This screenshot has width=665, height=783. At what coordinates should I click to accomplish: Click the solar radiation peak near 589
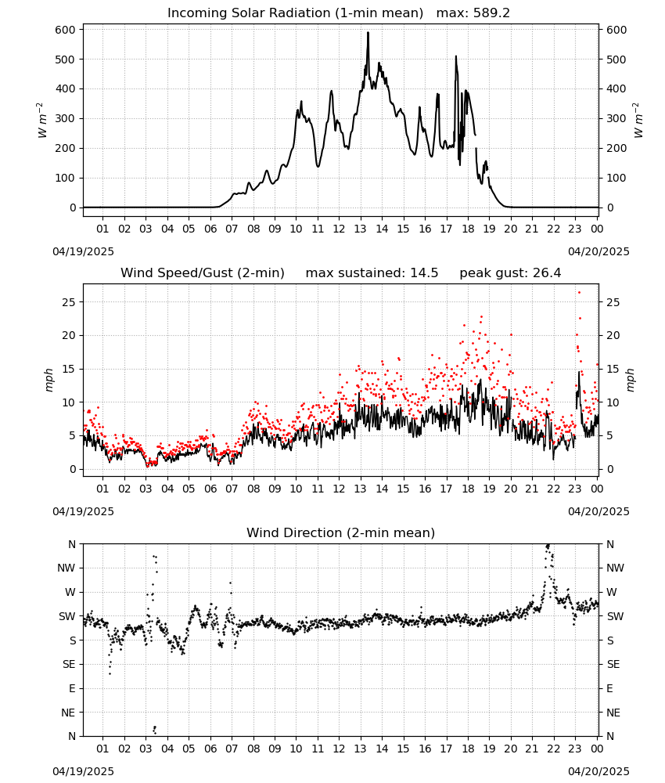tap(368, 33)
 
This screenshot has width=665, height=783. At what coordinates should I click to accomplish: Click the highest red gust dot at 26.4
tap(579, 293)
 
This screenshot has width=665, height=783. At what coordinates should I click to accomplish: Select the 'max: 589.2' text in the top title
tap(473, 13)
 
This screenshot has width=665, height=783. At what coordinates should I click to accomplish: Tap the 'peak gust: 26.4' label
tap(510, 272)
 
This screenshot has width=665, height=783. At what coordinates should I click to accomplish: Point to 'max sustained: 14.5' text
tap(372, 272)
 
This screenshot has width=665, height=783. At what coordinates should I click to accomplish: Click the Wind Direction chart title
tap(341, 532)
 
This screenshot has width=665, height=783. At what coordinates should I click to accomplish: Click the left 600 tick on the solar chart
tap(66, 30)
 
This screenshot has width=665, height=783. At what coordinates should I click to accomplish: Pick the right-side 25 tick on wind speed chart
tap(613, 302)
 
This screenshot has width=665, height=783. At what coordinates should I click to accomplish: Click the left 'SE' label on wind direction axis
tap(69, 664)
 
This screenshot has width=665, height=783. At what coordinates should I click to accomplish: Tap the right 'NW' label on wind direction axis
tap(615, 568)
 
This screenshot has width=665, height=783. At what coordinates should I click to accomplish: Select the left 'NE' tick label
tap(68, 713)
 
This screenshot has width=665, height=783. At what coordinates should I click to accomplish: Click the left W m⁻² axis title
tap(42, 120)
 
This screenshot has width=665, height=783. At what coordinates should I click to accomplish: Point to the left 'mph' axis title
tap(49, 380)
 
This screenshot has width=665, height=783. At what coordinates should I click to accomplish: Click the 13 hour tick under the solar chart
tap(360, 229)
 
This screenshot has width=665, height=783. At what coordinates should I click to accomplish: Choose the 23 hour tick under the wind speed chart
tap(575, 489)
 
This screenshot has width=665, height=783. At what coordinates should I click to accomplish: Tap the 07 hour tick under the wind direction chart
tap(232, 749)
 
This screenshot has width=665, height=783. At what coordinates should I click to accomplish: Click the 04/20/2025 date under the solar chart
tap(598, 251)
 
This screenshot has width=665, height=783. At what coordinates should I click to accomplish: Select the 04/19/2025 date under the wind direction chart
tap(83, 771)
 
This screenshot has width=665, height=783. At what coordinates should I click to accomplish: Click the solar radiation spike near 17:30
tap(456, 57)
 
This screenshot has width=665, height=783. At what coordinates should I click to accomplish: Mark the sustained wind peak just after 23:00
tap(579, 372)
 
